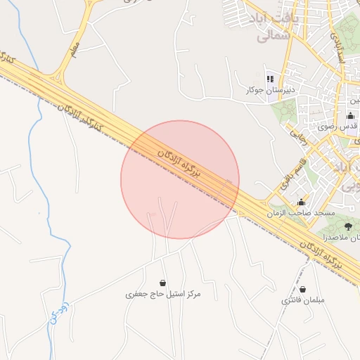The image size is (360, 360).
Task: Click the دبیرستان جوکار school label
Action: [x=269, y=90]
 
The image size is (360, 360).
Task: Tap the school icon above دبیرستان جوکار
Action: [x=269, y=79]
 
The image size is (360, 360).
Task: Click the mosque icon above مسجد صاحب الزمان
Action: [x=302, y=202]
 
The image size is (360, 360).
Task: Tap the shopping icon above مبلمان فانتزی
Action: [x=303, y=289]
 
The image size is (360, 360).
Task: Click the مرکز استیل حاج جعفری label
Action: [x=163, y=294]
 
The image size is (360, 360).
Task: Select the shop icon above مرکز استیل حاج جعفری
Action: [x=163, y=282]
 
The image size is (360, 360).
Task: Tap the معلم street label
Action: [x=75, y=49]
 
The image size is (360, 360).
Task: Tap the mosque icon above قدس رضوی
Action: [x=351, y=115]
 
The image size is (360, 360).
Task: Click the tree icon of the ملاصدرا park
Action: [x=348, y=226]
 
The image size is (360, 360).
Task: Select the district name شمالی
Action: [x=254, y=37]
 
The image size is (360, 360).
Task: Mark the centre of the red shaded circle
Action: [x=180, y=180]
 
